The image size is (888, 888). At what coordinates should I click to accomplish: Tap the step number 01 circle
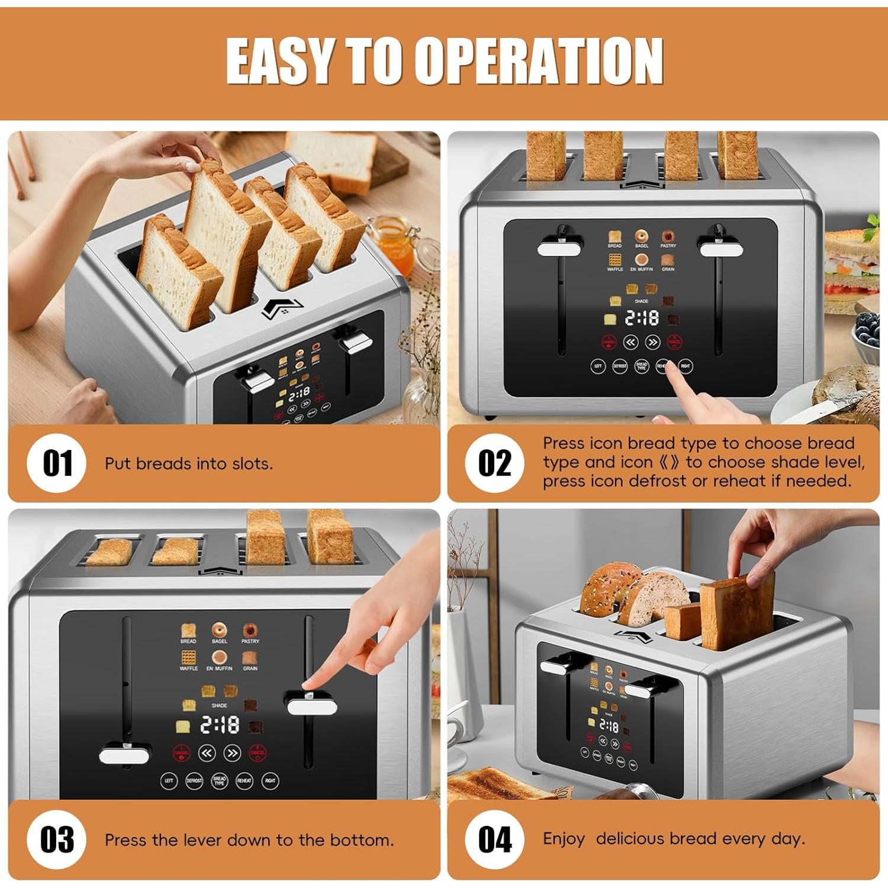point(57,463)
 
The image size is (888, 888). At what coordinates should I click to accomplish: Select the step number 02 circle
point(495,463)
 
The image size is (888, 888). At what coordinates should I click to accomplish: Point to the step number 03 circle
point(57,839)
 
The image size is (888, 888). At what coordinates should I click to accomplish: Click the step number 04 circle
point(495,839)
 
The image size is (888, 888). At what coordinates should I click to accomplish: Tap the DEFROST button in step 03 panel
point(194,781)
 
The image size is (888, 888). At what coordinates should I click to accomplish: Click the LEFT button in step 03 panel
point(169,781)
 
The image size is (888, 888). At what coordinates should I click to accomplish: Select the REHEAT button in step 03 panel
point(244,781)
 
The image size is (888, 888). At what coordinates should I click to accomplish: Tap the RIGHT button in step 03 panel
point(270,781)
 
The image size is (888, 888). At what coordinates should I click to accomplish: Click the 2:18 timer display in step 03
point(220,725)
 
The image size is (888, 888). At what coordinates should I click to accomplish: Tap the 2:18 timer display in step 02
point(642,318)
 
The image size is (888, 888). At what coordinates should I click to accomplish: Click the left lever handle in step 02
point(559,248)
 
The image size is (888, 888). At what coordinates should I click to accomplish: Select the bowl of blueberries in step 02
point(868,337)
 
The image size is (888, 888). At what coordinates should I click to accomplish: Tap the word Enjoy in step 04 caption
point(564,839)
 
